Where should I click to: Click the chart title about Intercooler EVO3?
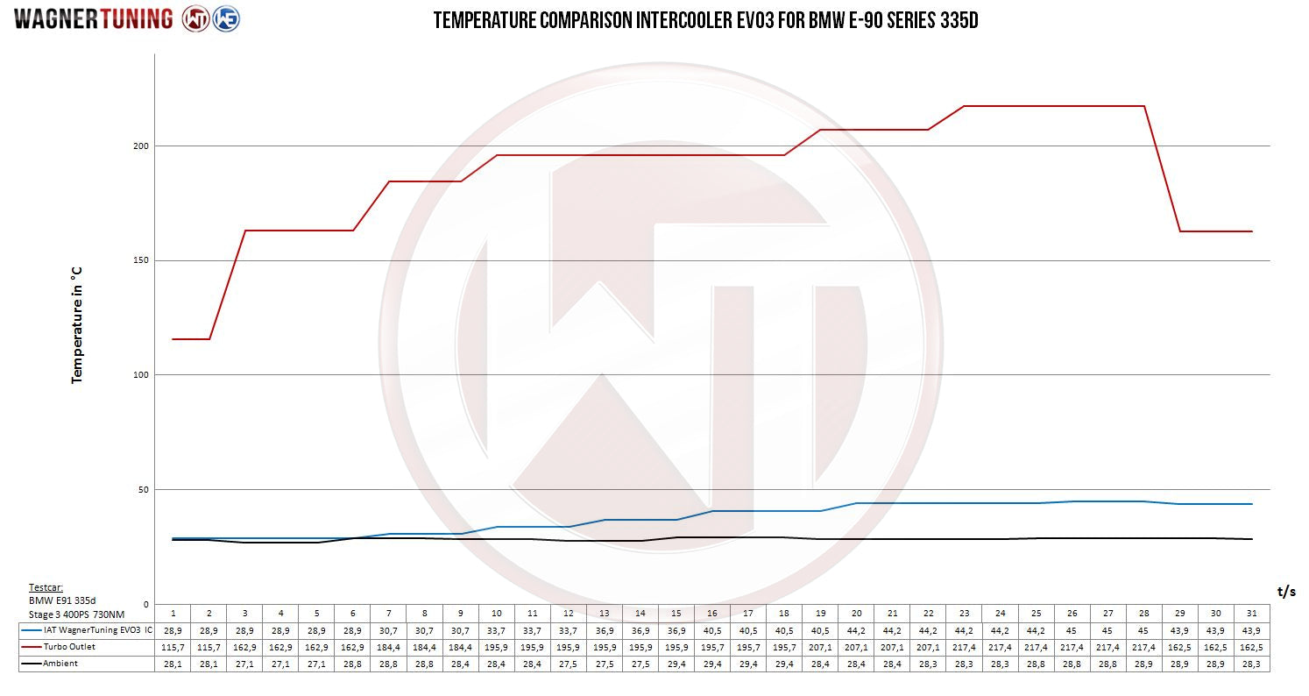tap(705, 20)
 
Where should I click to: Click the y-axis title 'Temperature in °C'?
tap(77, 324)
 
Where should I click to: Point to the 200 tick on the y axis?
tap(138, 146)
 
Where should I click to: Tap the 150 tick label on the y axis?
tap(138, 260)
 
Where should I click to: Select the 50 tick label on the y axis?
tap(141, 489)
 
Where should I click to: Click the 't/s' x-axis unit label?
tap(1285, 592)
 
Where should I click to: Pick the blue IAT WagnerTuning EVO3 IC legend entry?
tap(86, 630)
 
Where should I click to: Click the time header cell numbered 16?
tap(712, 613)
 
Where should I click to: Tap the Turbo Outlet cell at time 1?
tap(173, 647)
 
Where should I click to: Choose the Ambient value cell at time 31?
tap(1251, 664)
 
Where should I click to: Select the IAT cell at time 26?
tap(1072, 630)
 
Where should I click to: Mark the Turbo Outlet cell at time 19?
tap(820, 647)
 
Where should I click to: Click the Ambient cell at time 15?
tap(676, 664)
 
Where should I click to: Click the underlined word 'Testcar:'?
tap(46, 588)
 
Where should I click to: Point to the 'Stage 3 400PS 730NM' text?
tap(75, 614)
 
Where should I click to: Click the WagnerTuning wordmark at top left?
tap(93, 19)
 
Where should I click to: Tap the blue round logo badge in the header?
tap(227, 19)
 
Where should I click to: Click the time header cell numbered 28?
tap(1143, 613)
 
